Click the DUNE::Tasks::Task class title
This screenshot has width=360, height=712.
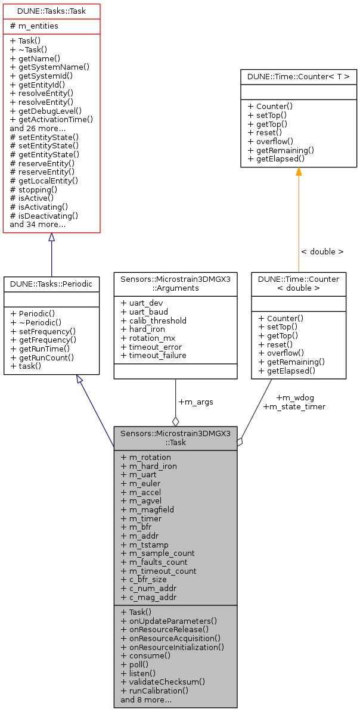point(51,11)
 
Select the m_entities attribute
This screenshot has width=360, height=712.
point(34,26)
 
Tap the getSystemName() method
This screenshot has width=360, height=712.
point(49,67)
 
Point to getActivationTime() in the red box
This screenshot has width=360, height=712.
point(51,119)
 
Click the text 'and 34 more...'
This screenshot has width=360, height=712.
point(38,224)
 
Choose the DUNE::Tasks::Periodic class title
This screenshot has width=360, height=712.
point(51,284)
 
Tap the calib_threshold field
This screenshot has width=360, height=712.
point(154,321)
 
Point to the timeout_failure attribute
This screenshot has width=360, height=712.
point(154,356)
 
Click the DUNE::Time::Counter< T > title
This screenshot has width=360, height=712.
point(299,77)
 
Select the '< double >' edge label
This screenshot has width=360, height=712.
point(322,252)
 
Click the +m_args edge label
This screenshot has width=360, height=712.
point(195,402)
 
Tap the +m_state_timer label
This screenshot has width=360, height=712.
point(294,407)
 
